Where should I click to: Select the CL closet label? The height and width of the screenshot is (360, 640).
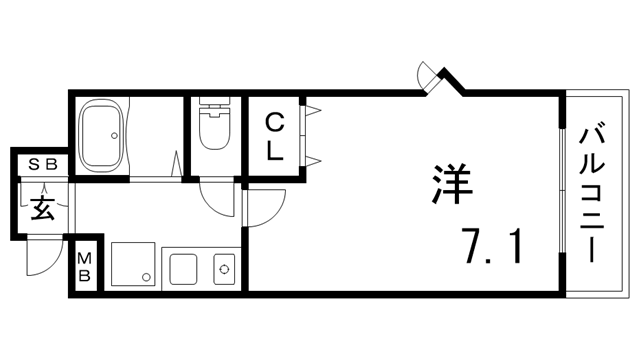[274, 138]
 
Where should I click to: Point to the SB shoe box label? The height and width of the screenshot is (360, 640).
[41, 163]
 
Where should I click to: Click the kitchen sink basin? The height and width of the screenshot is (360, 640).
[183, 269]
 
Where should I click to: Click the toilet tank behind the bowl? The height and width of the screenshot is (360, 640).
[212, 104]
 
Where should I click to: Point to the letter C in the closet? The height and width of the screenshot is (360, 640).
[274, 123]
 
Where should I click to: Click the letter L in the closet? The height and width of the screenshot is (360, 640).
[275, 152]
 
